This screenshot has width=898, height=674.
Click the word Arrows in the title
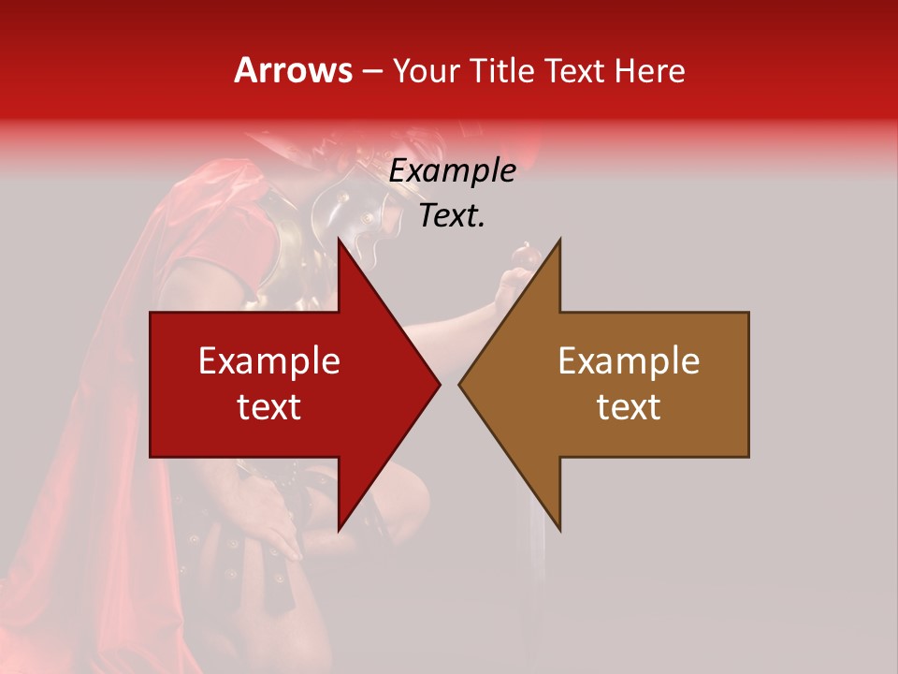[x=294, y=70]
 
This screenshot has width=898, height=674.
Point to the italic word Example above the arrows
[x=452, y=171]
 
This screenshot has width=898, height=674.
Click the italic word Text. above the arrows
[x=452, y=216]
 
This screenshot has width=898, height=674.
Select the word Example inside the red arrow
[x=269, y=361]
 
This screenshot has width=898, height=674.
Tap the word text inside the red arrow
[x=269, y=406]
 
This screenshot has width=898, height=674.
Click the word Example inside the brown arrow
[x=629, y=361]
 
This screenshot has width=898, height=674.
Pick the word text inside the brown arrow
[x=629, y=406]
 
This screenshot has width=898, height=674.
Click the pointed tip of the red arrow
[x=438, y=384]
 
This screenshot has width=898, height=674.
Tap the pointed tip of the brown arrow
[x=461, y=384]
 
